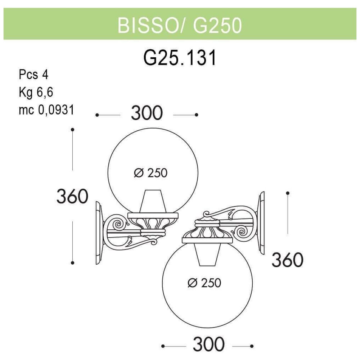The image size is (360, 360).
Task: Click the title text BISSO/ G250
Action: coord(180,25)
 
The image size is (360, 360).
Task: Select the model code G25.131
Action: coord(180,58)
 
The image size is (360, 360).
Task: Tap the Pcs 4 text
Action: coord(33,75)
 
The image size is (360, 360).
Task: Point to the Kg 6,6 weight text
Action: coord(36,92)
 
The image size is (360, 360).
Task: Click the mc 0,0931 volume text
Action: coord(46,110)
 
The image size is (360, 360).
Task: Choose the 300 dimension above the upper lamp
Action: coord(147,113)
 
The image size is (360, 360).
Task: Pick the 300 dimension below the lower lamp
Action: coord(208,344)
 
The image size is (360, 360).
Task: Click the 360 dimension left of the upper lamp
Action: coord(72,196)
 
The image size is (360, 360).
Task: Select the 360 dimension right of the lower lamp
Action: coord(287,260)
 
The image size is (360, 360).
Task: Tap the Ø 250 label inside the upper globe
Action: coord(150,173)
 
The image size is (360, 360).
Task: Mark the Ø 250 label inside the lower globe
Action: coord(204,283)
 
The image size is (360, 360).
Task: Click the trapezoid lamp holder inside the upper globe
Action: coord(153,201)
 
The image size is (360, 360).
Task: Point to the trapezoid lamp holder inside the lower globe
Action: coord(207,255)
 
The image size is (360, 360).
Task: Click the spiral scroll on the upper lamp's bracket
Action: coord(119,224)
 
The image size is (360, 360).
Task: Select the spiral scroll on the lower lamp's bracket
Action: coord(242,232)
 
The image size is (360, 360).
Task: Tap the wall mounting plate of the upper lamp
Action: coord(99,233)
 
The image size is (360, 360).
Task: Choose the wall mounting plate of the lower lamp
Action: coord(261,223)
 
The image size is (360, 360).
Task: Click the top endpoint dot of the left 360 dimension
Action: coord(73,130)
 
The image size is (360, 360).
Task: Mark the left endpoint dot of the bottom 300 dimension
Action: coord(163,346)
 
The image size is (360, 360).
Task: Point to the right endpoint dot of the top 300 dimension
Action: coord(196,115)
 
